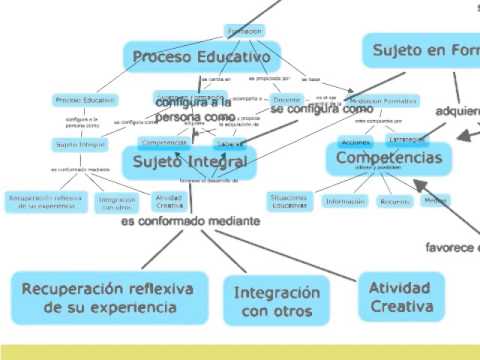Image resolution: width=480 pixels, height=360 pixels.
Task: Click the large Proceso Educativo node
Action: click(201, 56)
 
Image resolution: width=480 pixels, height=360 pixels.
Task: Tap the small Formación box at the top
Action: click(244, 32)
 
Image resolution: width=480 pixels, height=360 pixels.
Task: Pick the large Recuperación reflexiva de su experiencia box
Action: click(110, 297)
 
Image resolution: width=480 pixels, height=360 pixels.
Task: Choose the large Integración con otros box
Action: click(276, 302)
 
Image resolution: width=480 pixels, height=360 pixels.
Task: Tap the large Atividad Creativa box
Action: click(399, 296)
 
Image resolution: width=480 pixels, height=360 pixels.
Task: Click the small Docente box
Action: click(286, 100)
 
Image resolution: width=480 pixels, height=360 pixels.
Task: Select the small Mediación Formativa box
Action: click(383, 101)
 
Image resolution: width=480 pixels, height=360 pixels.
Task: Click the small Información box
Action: click(345, 201)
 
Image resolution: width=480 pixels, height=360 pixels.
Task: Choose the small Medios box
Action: click(435, 200)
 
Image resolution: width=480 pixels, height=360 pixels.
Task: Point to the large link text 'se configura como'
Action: click(314, 108)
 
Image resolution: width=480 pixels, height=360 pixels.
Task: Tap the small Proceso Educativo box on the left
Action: click(85, 101)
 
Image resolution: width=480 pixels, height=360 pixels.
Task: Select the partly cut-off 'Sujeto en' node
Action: click(420, 48)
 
